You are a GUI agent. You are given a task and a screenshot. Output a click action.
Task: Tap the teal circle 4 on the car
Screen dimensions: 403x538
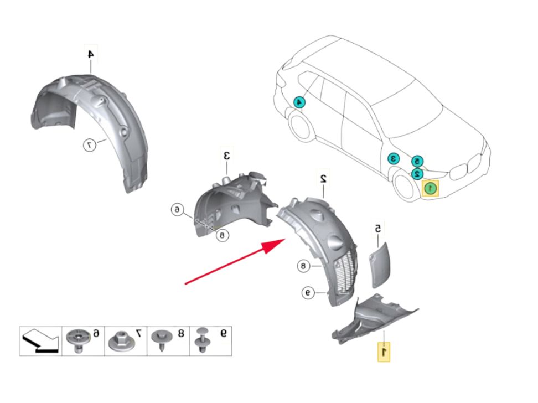(299, 102)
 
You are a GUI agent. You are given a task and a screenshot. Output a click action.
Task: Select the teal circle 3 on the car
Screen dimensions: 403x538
(394, 158)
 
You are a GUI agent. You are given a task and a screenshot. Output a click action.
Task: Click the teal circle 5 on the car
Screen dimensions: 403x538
(418, 161)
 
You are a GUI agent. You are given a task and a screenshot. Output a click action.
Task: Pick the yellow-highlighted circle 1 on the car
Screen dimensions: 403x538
(430, 189)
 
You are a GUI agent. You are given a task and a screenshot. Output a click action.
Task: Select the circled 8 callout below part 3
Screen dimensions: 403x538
(222, 235)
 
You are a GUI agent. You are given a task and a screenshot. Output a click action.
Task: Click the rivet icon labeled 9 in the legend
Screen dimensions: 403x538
(202, 340)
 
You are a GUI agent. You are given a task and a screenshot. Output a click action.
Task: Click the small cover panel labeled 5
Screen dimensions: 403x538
(380, 263)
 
